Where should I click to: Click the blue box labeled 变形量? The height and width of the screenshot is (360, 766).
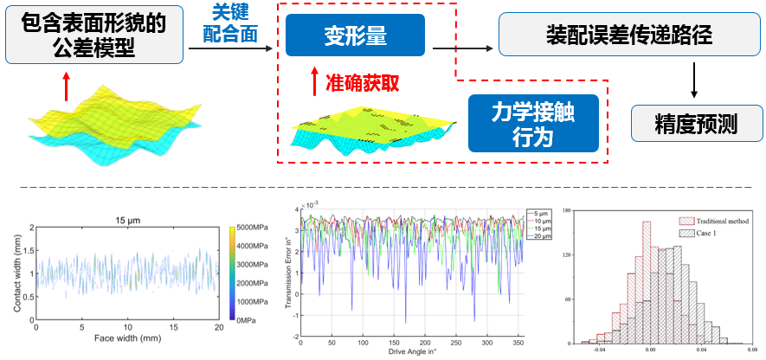click(x=354, y=36)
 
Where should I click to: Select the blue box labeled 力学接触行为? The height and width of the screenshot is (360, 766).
click(x=533, y=124)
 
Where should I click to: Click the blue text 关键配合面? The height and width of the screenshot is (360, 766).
click(x=235, y=23)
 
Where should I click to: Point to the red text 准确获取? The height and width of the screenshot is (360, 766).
click(x=362, y=83)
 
